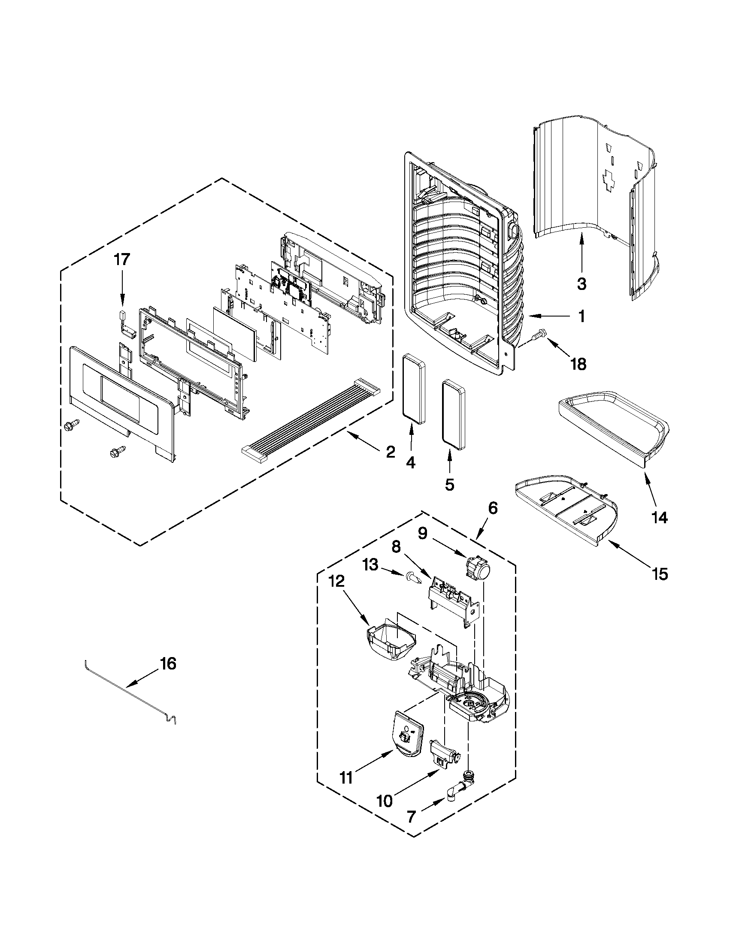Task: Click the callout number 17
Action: pyautogui.click(x=121, y=260)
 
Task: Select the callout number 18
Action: pyautogui.click(x=578, y=364)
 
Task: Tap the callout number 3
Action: pyautogui.click(x=582, y=284)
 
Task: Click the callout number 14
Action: pyautogui.click(x=660, y=517)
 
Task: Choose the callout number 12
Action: pyautogui.click(x=336, y=581)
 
